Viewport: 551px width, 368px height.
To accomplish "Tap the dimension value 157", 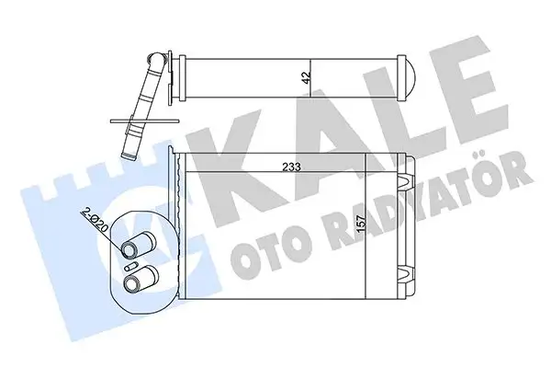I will [372, 224].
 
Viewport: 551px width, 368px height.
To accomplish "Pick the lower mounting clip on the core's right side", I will [405, 271].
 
